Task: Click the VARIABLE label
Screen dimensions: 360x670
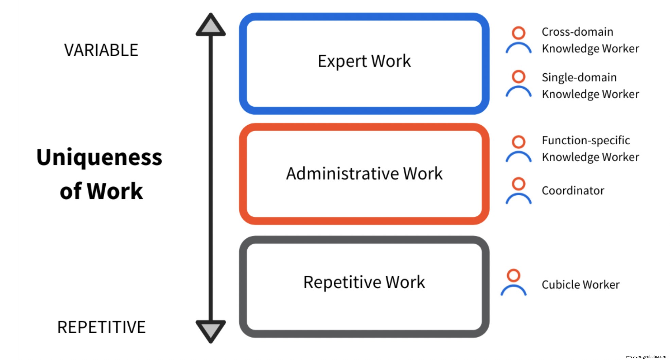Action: pyautogui.click(x=101, y=50)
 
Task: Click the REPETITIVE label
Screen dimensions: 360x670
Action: pyautogui.click(x=101, y=327)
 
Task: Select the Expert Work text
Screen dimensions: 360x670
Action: pyautogui.click(x=364, y=61)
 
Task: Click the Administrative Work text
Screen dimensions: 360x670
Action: pyautogui.click(x=364, y=174)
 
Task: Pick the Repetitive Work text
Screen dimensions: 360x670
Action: pyautogui.click(x=364, y=282)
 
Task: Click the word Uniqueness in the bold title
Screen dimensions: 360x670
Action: pyautogui.click(x=99, y=158)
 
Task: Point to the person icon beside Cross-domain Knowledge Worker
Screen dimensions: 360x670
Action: pyautogui.click(x=518, y=40)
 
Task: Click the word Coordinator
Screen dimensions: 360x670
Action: pyautogui.click(x=573, y=191)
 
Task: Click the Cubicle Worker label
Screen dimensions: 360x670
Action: pyautogui.click(x=580, y=285)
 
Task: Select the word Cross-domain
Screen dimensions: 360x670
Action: pyautogui.click(x=577, y=32)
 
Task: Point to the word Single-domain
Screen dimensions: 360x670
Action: pyautogui.click(x=579, y=77)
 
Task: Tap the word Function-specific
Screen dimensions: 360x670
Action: pyautogui.click(x=586, y=140)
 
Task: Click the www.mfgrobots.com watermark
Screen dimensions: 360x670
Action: pyautogui.click(x=646, y=357)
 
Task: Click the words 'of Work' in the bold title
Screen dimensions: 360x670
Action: pyautogui.click(x=101, y=191)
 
